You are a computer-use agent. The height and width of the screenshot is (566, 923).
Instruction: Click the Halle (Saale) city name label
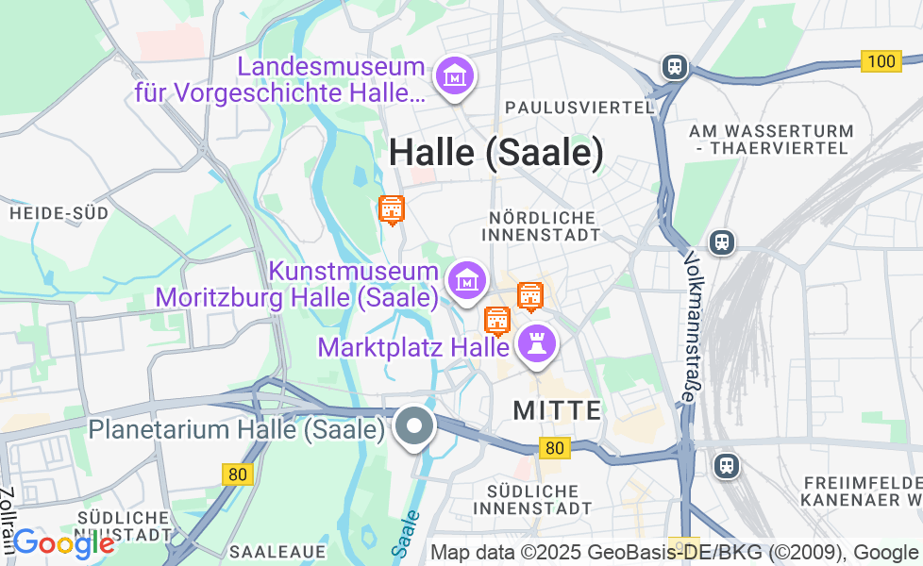point(495,153)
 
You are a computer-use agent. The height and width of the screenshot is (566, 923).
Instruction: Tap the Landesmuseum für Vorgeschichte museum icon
point(456,75)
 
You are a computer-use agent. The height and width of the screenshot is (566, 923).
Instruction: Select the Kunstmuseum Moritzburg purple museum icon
point(467,280)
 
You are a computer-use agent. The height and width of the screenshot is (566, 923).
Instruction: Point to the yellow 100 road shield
point(881,61)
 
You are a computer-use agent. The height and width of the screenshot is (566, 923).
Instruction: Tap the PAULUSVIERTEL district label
point(579,108)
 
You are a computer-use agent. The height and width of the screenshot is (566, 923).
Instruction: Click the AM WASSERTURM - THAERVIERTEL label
point(771,140)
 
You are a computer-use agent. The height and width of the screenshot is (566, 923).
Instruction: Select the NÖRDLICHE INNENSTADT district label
point(544,226)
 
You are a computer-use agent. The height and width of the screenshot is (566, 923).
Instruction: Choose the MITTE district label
point(557,410)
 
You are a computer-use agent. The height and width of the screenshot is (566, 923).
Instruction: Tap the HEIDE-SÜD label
point(59,213)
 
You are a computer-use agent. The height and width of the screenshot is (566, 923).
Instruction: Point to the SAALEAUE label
point(277,551)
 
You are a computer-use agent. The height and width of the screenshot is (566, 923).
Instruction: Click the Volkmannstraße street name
point(692,326)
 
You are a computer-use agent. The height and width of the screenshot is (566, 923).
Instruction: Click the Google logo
point(63,543)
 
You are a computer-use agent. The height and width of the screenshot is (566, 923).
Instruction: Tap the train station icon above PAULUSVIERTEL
point(674,66)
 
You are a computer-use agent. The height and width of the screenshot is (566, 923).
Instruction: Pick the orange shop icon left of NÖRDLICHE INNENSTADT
point(391,209)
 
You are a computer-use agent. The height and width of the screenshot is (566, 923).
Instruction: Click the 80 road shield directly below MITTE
point(555,448)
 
